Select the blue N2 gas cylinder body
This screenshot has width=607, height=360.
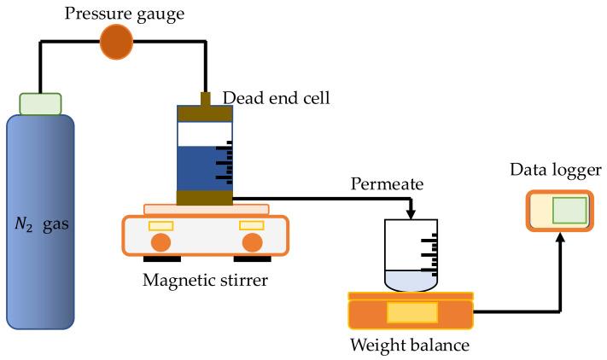40,230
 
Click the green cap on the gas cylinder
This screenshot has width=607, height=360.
40,104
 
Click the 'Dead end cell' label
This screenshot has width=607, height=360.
276,99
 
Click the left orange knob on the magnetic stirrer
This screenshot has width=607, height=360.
160,242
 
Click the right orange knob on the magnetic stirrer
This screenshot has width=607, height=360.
251,242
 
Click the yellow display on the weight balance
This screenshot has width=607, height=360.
411,313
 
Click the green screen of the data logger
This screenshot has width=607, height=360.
569,209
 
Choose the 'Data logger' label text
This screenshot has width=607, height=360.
556,171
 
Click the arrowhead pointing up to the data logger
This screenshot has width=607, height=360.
560,239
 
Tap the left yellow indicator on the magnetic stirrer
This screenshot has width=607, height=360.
161,225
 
